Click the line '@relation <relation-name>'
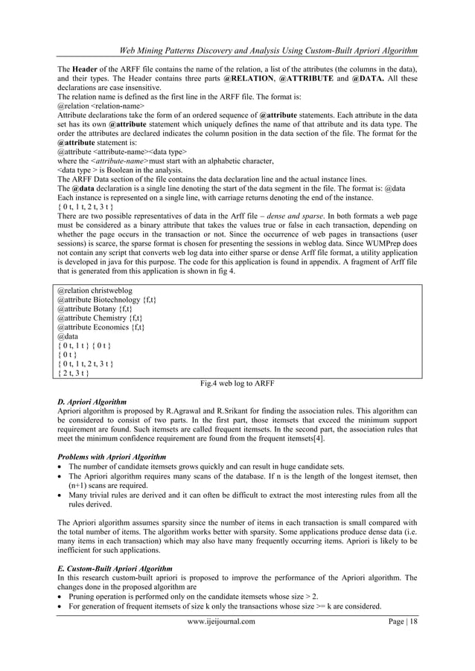[x=100, y=106]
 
